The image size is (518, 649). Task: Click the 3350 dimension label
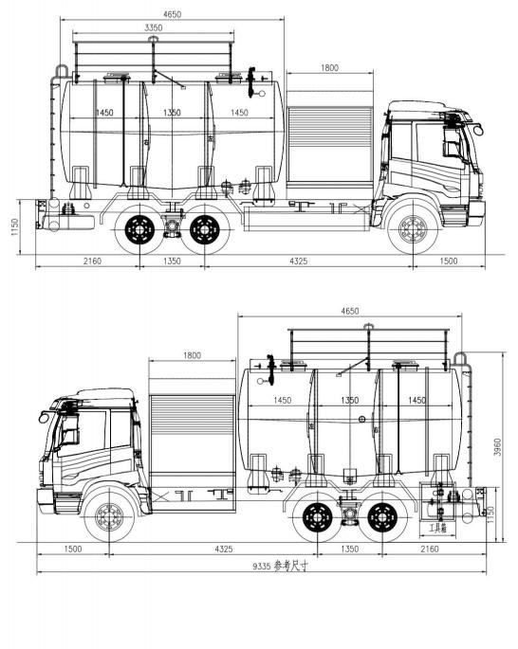[153, 28]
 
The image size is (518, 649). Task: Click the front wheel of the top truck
[412, 228]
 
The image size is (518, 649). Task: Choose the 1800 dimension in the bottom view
[192, 355]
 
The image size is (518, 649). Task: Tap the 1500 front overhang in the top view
[449, 261]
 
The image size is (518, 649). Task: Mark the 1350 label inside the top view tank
[173, 113]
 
